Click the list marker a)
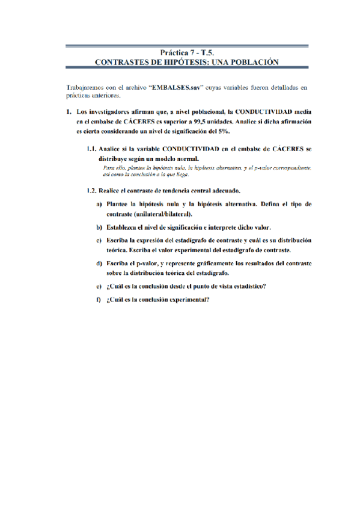[x=99, y=204]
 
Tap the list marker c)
[x=99, y=241]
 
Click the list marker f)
[x=98, y=300]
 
